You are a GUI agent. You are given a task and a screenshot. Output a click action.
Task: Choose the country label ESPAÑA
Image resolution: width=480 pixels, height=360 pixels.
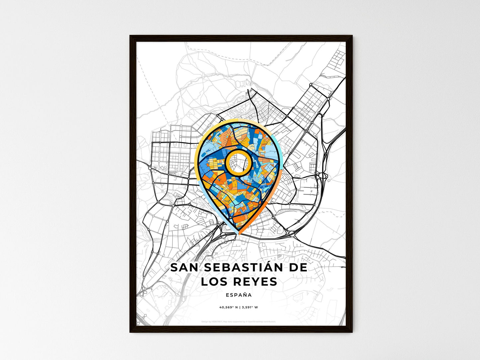tap(239, 295)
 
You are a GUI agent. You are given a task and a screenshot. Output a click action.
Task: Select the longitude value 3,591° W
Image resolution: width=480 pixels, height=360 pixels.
tap(250, 307)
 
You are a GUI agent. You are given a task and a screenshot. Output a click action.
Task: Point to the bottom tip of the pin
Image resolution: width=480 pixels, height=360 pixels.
tap(239, 234)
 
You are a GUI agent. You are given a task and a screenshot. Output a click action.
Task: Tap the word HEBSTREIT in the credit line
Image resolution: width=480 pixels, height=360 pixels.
tap(216, 321)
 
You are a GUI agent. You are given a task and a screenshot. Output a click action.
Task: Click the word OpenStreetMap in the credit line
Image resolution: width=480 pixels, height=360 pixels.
tap(256, 321)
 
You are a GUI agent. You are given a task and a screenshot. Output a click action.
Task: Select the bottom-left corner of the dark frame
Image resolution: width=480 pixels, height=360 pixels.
tap(130, 332)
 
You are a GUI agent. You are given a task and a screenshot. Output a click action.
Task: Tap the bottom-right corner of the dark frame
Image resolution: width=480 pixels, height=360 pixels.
tap(352, 332)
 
